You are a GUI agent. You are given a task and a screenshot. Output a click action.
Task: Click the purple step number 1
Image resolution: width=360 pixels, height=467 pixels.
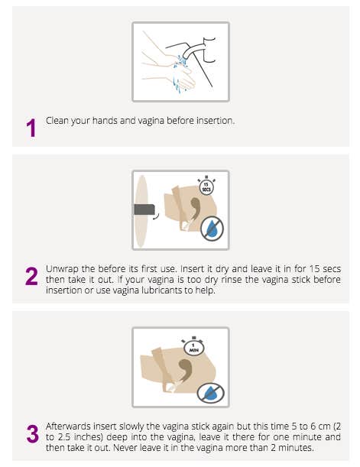tap(31, 128)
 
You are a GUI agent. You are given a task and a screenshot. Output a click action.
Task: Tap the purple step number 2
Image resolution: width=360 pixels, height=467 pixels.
tap(31, 277)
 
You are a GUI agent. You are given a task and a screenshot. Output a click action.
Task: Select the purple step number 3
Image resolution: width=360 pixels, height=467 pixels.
tap(32, 433)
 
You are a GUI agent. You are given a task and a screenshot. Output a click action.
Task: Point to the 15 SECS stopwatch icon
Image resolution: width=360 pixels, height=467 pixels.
tap(206, 186)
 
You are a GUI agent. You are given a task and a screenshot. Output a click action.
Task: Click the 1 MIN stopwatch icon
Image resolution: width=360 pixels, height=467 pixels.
tap(194, 346)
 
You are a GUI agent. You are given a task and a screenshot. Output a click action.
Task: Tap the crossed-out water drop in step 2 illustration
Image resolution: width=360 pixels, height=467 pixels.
tap(212, 229)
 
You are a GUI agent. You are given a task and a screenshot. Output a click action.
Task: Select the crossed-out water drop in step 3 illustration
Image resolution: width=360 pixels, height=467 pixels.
tap(210, 393)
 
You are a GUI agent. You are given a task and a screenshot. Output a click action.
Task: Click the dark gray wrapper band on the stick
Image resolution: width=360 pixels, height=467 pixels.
tap(144, 209)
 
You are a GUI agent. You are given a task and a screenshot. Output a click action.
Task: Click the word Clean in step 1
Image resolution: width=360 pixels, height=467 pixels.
tap(57, 121)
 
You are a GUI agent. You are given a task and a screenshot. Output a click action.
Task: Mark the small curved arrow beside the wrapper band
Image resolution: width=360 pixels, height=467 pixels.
tap(157, 216)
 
